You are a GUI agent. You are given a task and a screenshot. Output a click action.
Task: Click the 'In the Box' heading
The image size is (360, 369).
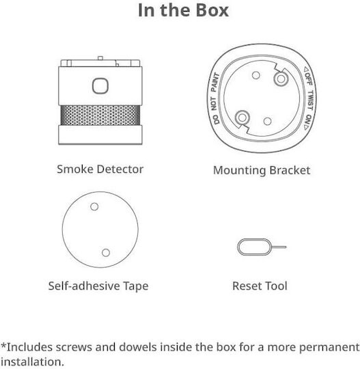(183, 10)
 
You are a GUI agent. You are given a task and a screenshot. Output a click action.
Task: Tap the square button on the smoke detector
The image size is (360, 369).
(100, 86)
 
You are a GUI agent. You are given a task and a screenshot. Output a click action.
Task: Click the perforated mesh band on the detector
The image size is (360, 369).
(100, 115)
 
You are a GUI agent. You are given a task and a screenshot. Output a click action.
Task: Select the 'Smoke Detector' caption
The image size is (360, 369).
(100, 169)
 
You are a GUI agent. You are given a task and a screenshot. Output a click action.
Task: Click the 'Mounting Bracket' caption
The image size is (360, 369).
(262, 171)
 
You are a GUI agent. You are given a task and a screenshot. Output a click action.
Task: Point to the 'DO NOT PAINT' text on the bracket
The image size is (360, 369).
(214, 99)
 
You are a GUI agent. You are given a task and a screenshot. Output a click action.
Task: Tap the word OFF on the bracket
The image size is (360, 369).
(308, 79)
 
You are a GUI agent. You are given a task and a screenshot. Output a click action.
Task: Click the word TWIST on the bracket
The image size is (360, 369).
(311, 100)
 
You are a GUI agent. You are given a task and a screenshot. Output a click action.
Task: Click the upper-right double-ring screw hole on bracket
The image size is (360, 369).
(281, 79)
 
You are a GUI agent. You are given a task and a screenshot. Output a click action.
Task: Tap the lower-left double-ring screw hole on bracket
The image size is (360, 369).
(243, 118)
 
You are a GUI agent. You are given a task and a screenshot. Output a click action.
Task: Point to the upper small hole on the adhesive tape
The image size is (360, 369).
(94, 206)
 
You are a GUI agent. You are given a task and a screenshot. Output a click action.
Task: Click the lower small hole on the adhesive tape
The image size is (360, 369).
(106, 253)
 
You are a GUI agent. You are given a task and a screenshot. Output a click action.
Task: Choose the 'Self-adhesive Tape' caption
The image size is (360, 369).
(98, 286)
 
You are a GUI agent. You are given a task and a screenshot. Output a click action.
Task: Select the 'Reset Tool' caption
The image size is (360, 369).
(260, 286)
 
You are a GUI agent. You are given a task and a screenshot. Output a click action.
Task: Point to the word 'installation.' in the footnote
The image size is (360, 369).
(32, 362)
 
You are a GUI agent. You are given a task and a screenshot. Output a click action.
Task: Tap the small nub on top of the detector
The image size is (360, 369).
(100, 58)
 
